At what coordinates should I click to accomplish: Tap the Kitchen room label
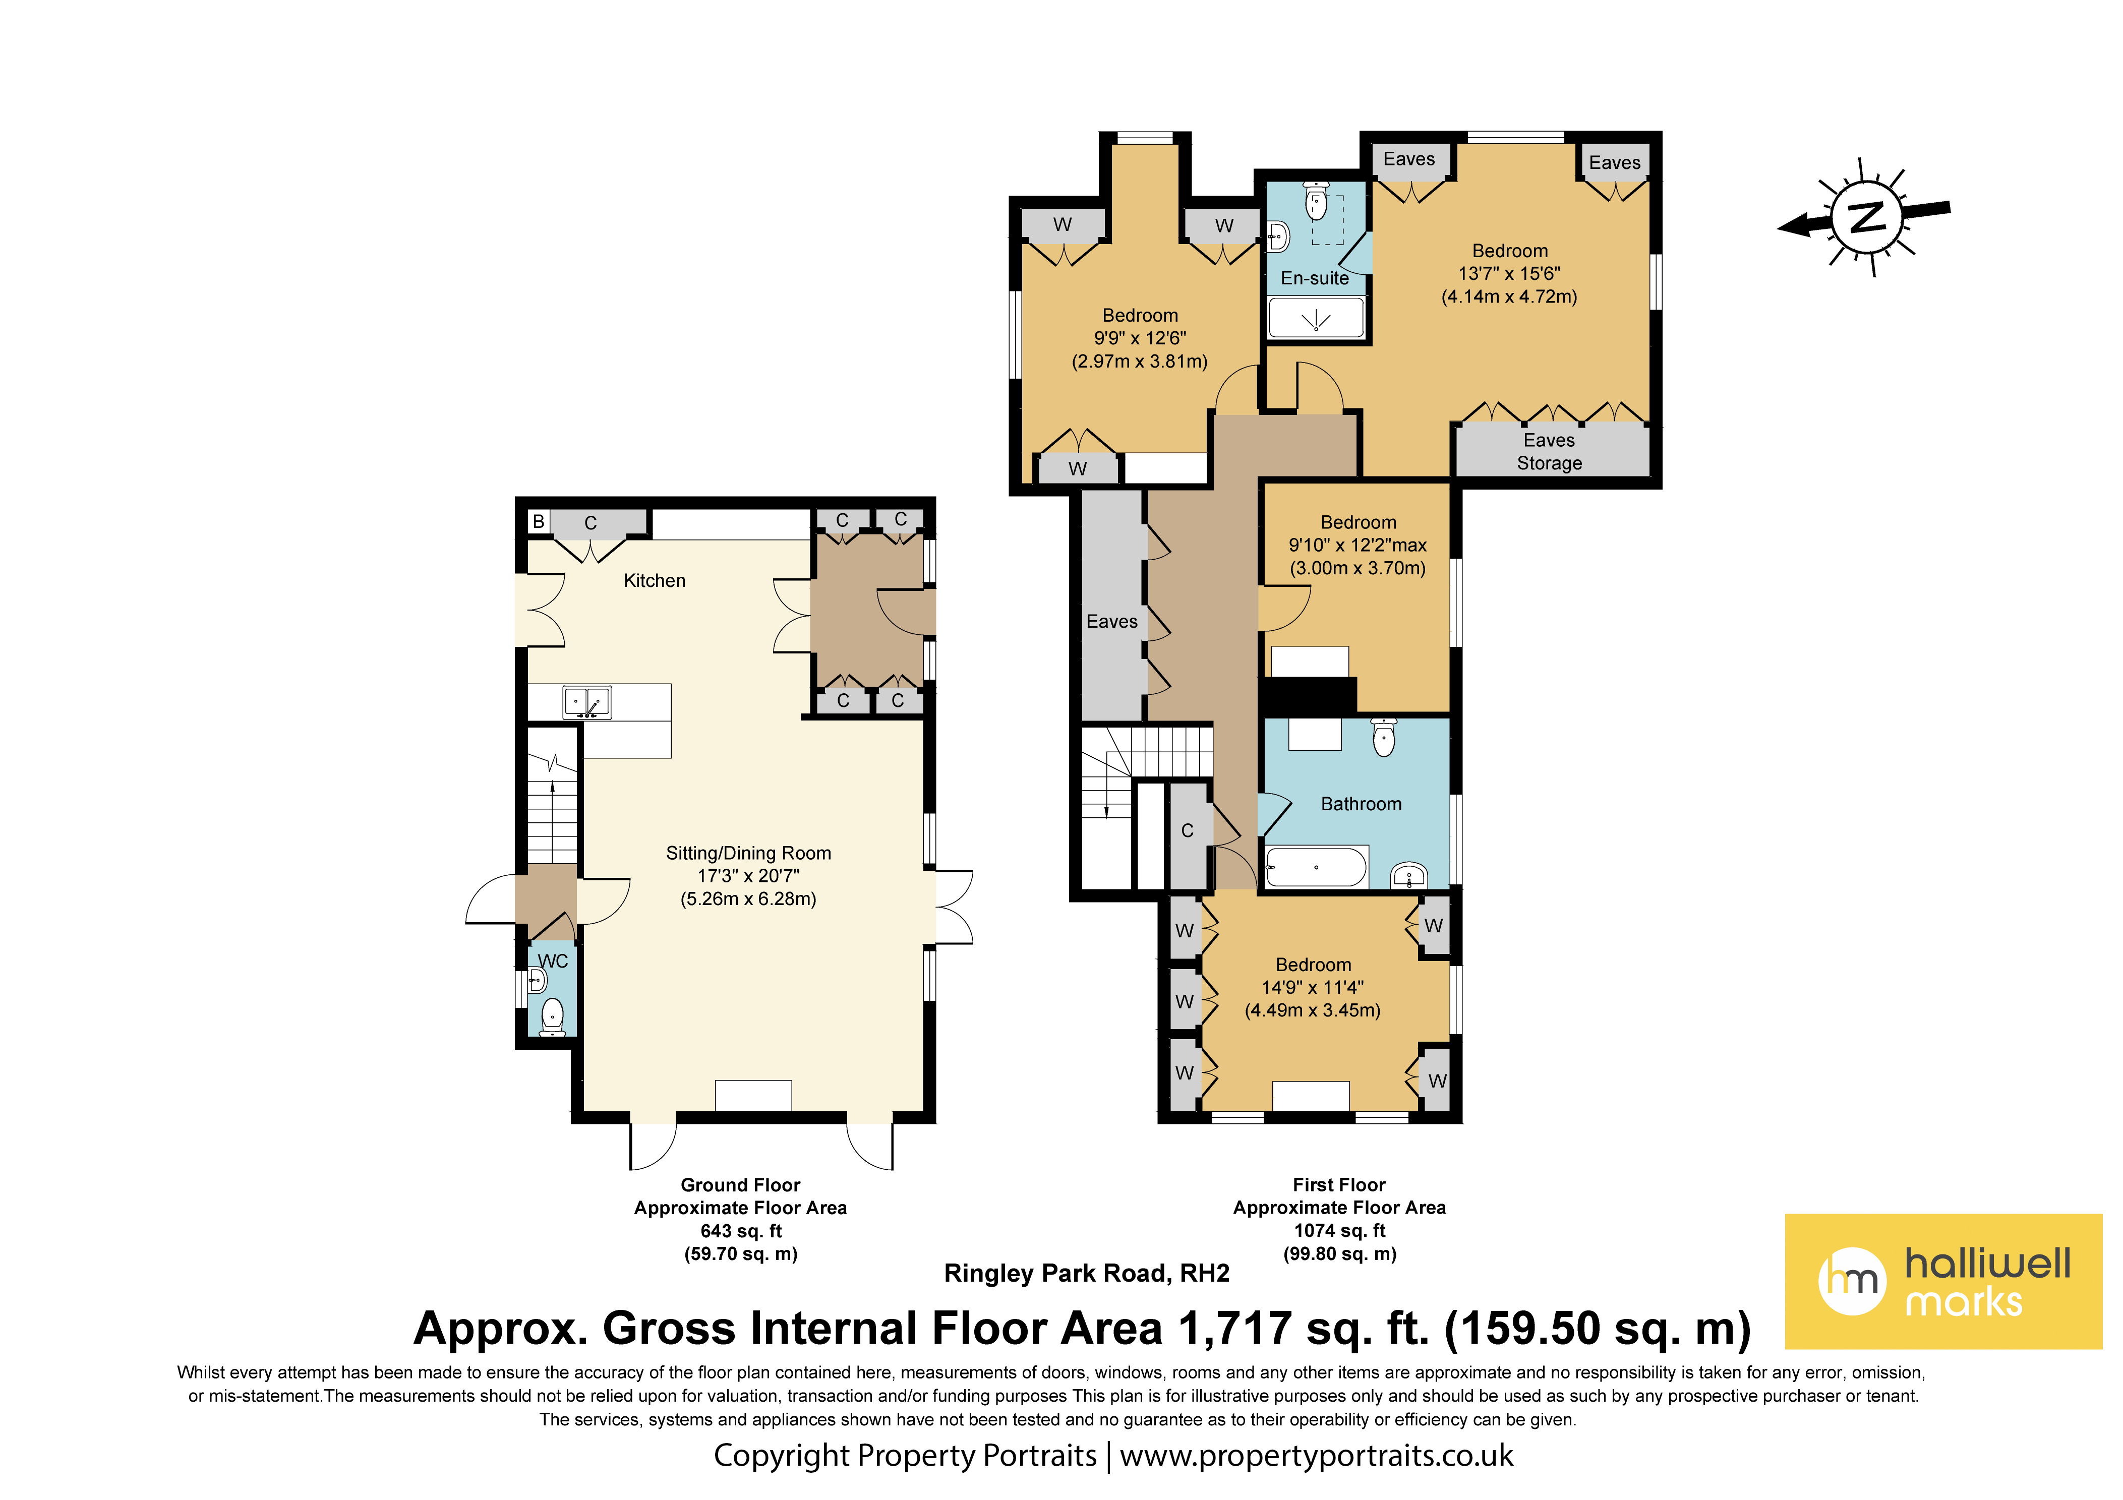[655, 581]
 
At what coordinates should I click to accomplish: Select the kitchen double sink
[587, 703]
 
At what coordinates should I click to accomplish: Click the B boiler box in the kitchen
[538, 521]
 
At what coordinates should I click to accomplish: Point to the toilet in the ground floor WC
[552, 1016]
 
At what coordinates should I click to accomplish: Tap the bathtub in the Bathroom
[1316, 867]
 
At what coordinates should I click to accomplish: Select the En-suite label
[1315, 278]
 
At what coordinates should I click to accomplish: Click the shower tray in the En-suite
[1316, 317]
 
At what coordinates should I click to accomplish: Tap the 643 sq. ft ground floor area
[741, 1231]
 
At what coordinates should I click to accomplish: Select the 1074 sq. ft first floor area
[1340, 1231]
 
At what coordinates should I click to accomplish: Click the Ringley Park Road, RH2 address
[1087, 1274]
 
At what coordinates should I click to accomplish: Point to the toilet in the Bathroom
[1383, 737]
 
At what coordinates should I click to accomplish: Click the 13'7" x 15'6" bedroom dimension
[1509, 274]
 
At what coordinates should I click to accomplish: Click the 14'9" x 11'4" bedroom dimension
[1313, 988]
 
